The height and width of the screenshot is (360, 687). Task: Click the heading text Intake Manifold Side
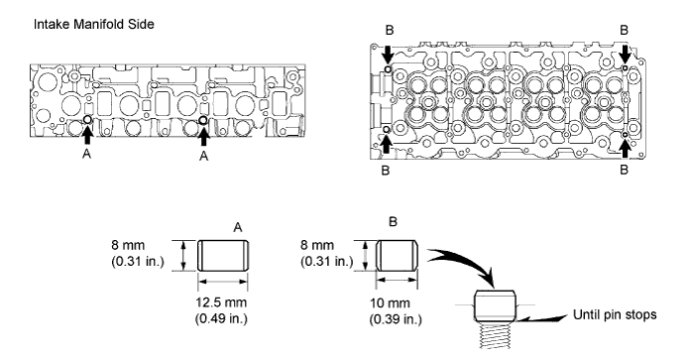point(94,24)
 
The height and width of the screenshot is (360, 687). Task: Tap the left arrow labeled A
point(87,135)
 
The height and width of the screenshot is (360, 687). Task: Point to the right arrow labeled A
point(203,136)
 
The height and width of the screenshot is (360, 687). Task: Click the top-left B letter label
point(390,31)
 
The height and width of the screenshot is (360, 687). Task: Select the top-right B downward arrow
point(626,55)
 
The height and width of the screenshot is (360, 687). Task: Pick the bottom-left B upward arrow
point(386,144)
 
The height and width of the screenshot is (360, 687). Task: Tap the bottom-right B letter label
point(625,170)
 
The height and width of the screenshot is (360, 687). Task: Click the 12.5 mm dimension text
point(221,302)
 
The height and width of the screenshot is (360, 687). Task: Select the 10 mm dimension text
point(390,303)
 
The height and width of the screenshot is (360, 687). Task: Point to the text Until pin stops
point(616,314)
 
